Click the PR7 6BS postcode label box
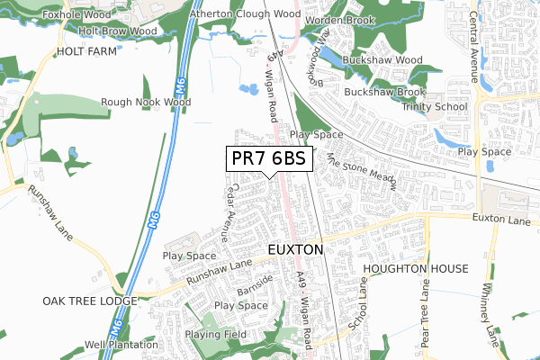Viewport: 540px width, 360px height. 269,158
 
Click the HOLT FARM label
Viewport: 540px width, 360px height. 88,52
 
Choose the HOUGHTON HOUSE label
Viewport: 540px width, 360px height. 416,269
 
